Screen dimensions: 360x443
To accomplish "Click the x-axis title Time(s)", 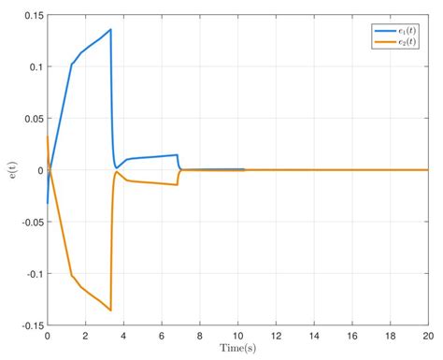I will pos(237,349).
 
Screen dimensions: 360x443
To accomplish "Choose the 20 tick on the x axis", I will pos(427,335).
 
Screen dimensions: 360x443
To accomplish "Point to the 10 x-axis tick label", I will pos(237,335).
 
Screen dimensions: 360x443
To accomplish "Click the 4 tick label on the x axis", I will pos(123,335).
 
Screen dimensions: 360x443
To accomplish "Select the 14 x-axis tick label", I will pos(313,335).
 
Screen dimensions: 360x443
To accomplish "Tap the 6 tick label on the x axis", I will pos(162,335).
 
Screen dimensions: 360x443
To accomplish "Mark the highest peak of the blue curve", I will pos(110,29).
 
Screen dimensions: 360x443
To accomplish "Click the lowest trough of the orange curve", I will pos(110,310).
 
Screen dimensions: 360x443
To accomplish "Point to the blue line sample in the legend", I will pos(383,29).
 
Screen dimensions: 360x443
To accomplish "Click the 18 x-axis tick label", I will pos(389,335).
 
